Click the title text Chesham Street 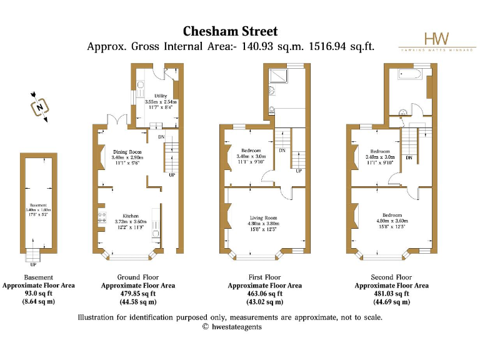230,31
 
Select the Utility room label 152,96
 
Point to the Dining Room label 127,152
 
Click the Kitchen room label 131,216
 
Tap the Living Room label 262,218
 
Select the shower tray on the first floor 277,77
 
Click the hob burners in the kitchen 101,218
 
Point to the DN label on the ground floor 161,137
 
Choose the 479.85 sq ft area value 138,293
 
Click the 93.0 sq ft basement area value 38,293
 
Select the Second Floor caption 391,277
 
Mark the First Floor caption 264,277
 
